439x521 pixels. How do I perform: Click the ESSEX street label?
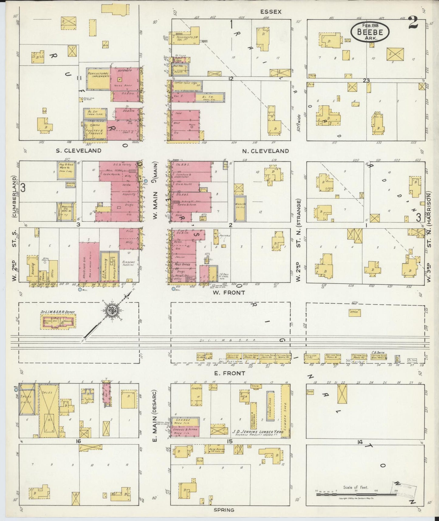(x=271, y=12)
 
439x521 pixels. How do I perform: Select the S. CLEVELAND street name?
(x=79, y=151)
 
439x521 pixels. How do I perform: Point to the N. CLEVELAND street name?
(x=265, y=151)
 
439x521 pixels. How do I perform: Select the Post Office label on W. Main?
(x=182, y=264)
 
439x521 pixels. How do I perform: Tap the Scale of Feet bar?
(x=355, y=495)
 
